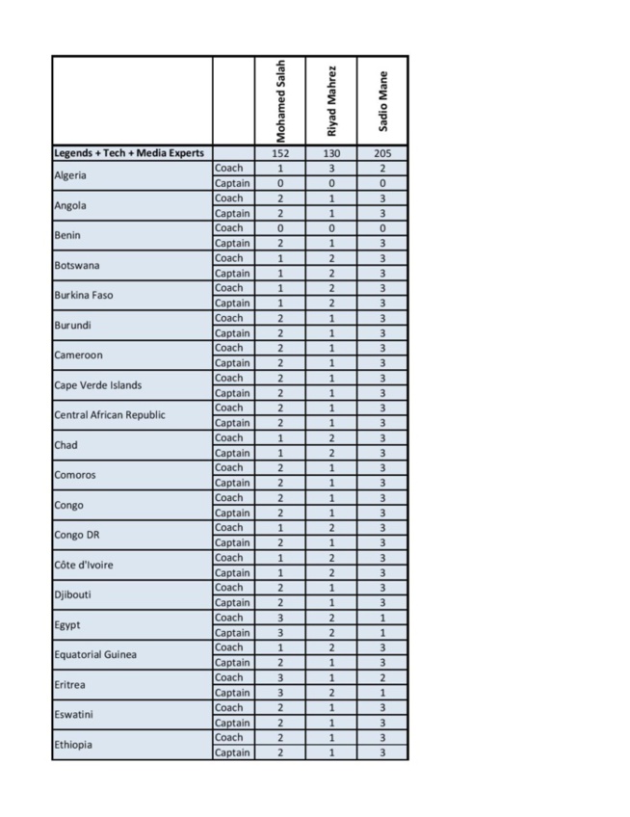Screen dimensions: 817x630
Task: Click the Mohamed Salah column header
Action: click(x=280, y=101)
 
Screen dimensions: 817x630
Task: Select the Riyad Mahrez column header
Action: click(x=331, y=101)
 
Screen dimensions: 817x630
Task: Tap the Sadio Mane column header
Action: click(x=382, y=101)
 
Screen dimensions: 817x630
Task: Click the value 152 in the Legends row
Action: click(x=280, y=153)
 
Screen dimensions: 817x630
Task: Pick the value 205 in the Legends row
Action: click(x=382, y=153)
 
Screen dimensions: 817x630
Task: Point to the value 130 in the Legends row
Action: click(x=331, y=153)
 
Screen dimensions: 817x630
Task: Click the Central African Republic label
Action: click(x=110, y=415)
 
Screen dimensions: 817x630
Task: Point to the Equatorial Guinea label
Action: click(x=94, y=654)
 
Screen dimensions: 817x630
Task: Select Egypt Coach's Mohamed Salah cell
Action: click(x=280, y=617)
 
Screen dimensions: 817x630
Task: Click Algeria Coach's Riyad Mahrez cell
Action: click(x=331, y=168)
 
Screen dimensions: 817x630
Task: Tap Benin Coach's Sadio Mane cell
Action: click(x=382, y=227)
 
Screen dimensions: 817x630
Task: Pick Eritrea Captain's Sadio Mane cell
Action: click(x=382, y=692)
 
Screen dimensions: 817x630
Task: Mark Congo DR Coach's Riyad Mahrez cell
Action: click(x=331, y=527)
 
